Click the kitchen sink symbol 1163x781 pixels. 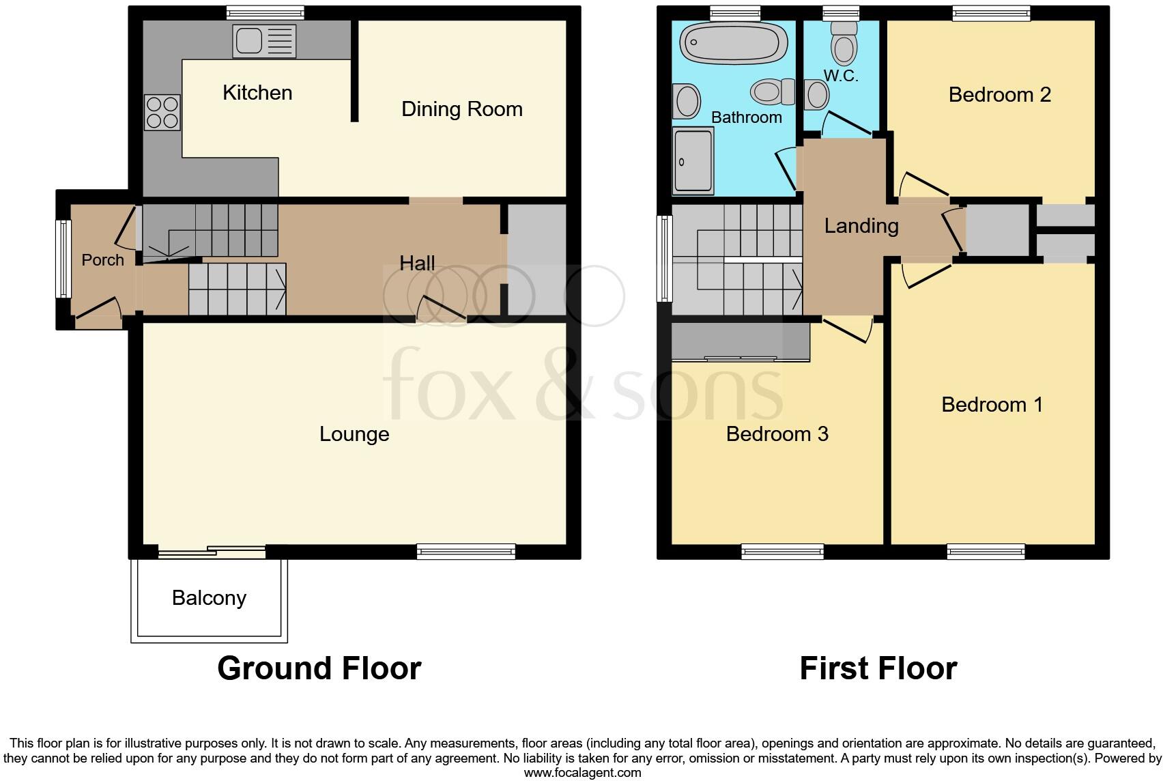pos(264,41)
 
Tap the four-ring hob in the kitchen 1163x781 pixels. pos(162,113)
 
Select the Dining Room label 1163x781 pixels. pos(461,109)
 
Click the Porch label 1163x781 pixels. pos(102,260)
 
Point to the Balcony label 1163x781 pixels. pos(209,598)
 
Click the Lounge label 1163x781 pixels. pos(354,434)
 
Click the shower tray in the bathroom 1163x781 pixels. pos(693,161)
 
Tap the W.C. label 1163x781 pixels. pos(840,76)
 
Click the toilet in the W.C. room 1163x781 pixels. pos(844,43)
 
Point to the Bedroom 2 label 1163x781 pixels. pos(999,95)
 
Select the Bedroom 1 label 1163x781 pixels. pos(992,405)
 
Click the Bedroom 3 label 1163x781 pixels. pos(777,434)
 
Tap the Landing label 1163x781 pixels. pos(861,226)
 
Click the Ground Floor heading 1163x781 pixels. pos(319,668)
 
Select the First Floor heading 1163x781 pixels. pos(878,668)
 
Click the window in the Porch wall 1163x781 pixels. pos(63,259)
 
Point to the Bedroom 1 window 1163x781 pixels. pos(986,552)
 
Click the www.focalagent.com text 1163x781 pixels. pos(582,773)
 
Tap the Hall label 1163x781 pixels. pos(417,264)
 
